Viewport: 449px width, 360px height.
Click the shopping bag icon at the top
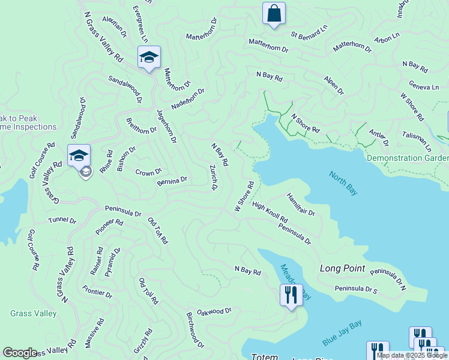click(274, 13)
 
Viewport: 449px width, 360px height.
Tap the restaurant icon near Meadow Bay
click(291, 295)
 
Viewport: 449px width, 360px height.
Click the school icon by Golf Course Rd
click(79, 155)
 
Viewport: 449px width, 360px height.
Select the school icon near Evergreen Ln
click(149, 58)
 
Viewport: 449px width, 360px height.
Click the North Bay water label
click(343, 182)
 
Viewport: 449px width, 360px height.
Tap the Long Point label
click(343, 268)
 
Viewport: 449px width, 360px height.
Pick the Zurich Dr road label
click(212, 178)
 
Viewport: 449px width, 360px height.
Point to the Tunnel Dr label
click(62, 221)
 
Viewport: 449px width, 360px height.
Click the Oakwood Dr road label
click(214, 311)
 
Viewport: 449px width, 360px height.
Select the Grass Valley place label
click(34, 313)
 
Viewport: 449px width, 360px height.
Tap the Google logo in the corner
click(20, 353)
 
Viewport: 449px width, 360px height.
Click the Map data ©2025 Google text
click(411, 355)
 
